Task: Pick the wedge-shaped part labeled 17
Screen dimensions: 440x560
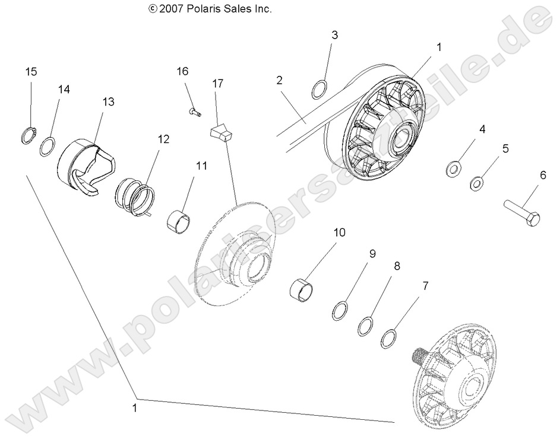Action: pos(223,133)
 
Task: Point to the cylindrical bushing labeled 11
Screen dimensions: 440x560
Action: pos(180,222)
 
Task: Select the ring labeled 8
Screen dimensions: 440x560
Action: pos(366,326)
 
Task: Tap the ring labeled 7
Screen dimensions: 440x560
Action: pos(389,339)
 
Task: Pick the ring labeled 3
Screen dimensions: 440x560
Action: pos(319,90)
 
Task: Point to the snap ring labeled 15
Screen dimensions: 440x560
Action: pos(26,136)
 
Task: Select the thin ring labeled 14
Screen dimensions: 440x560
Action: pos(48,146)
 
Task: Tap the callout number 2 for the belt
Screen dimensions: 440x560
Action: pos(279,81)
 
